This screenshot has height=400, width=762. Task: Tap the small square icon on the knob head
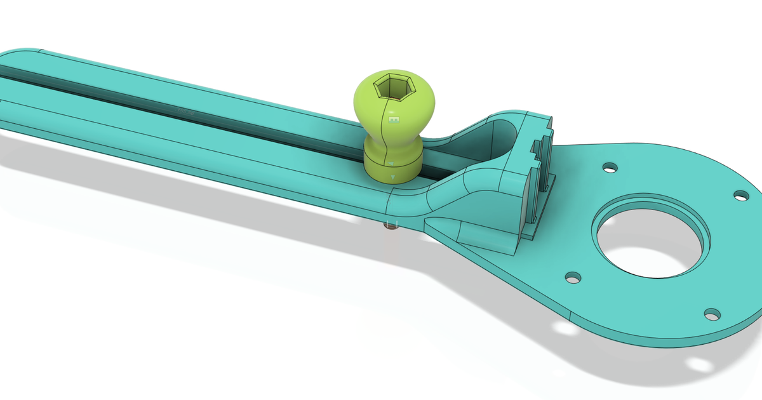(394, 119)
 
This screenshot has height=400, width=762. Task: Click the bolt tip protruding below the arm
(391, 224)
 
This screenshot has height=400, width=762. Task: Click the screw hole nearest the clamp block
(610, 168)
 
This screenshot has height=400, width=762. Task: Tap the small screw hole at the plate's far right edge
(741, 195)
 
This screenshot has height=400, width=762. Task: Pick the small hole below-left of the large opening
(573, 277)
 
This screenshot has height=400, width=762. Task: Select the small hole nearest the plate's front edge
(712, 314)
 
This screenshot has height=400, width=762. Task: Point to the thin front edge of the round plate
(635, 340)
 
